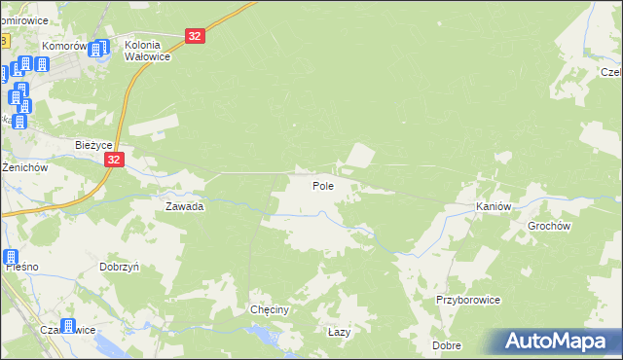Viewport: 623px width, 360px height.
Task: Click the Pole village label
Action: [x=323, y=186]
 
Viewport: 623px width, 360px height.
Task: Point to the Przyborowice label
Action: [x=468, y=301]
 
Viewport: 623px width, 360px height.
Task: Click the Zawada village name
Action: [x=184, y=207]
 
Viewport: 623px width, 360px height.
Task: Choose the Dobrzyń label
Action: [x=121, y=266]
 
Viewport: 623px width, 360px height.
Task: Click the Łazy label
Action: [x=339, y=332]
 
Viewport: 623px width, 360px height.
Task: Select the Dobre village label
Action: [x=448, y=345]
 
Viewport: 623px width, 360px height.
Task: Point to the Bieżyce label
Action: [x=95, y=145]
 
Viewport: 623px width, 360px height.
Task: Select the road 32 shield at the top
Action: [x=196, y=36]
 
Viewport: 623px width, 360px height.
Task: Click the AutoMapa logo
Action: [x=555, y=342]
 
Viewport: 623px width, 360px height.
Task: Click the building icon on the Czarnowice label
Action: [x=67, y=327]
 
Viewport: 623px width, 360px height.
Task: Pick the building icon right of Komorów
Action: [x=99, y=51]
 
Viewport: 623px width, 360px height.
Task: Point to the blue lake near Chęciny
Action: [x=260, y=335]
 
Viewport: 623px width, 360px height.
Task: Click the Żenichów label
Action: [x=24, y=167]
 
